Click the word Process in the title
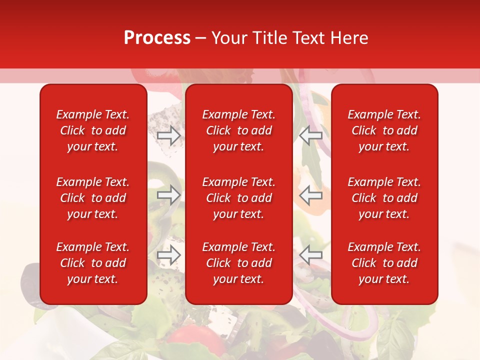coord(157,38)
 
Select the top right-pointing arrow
coord(169,135)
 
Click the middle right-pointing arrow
coord(169,195)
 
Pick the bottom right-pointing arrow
coord(169,255)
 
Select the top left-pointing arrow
coord(311,135)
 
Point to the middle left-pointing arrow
coord(311,195)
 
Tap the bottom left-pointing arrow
coord(311,255)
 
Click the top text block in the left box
coord(93,130)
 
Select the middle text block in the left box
coord(93,198)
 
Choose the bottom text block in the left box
coord(93,263)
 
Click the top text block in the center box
coord(239,130)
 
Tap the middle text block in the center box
coord(239,198)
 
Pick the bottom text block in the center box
coord(239,263)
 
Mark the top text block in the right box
coord(384,130)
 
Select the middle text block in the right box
coord(384,198)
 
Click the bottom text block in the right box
coord(384,263)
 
